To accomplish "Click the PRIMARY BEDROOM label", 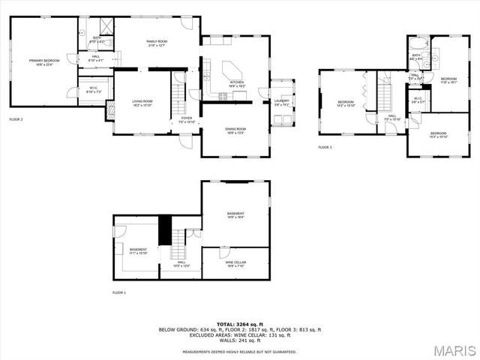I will pos(44,61).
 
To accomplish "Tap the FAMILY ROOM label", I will pos(156,43).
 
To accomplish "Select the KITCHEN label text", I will pos(237,83).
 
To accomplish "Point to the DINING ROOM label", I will pos(236,130).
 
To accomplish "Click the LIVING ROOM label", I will pos(142,103).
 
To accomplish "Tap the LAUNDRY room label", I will pos(281,101).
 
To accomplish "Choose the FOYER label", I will pos(186,119).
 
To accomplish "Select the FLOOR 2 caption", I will pos(16,120).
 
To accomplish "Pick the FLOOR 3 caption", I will pos(325,147).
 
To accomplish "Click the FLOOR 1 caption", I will pos(119,292).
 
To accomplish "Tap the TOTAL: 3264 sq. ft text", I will pos(239,324).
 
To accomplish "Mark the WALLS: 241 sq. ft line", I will pos(239,340).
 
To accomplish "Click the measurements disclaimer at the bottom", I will pos(239,351).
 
